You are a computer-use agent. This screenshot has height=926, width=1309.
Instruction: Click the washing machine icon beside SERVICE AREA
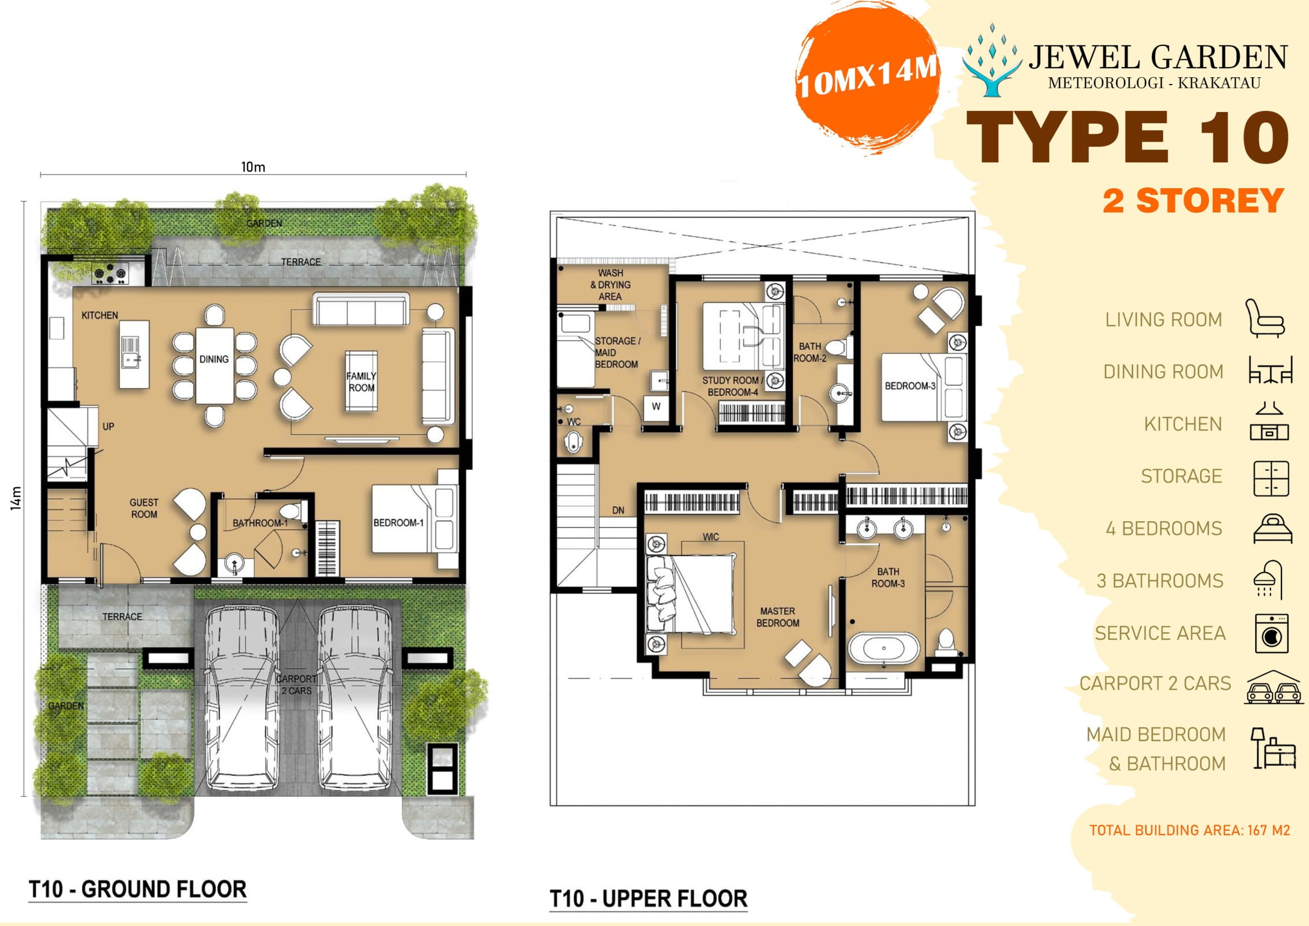pos(1271,633)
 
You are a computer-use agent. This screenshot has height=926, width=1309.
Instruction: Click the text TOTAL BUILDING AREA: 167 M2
pos(1189,830)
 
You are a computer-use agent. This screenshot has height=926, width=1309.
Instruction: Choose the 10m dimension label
pos(253,167)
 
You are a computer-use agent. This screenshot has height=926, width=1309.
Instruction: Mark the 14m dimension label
pos(17,498)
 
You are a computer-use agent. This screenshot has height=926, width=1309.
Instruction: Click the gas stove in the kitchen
pos(111,274)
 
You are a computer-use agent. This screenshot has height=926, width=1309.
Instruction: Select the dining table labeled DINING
pos(214,365)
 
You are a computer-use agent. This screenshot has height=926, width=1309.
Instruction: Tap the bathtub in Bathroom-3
pos(884,649)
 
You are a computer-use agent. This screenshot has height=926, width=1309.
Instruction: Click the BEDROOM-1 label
pos(398,522)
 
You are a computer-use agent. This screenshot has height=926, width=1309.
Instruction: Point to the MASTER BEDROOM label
pos(778,617)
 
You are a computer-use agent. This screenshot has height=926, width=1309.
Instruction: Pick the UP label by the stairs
pos(109,426)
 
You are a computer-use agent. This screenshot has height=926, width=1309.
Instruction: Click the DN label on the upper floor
pos(618,511)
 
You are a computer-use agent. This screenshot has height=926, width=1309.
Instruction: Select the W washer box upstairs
pos(656,406)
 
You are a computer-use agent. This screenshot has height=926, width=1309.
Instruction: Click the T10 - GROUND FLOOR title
pos(138,889)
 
